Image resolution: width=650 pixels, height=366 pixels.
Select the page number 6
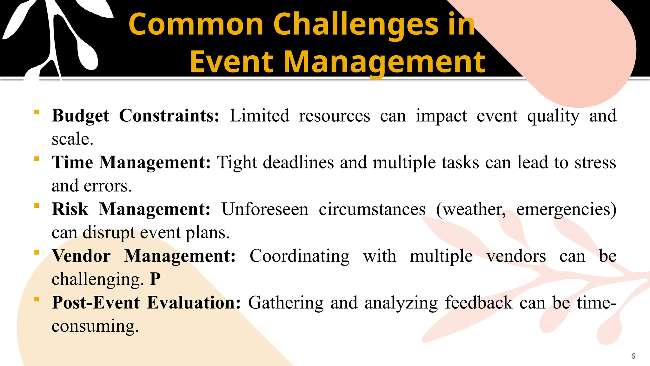pos(633,356)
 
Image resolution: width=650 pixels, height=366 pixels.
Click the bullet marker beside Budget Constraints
pos(37,112)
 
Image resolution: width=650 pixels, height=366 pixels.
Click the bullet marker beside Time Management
pos(37,159)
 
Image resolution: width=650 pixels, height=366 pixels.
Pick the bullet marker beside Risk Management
pos(37,206)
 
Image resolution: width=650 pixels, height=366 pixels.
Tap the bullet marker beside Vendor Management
pos(37,253)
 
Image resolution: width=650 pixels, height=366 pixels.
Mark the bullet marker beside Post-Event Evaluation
pos(37,299)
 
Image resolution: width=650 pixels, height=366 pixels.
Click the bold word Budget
pos(81,116)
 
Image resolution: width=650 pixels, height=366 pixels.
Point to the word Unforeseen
pos(265,209)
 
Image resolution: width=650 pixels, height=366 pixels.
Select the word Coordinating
pos(300,256)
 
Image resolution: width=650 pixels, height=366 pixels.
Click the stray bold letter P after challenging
pos(155,280)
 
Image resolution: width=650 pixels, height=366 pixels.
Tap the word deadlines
pos(298,163)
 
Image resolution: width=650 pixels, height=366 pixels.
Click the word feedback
pos(479,303)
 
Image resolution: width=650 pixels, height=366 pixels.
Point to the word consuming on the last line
pos(95,326)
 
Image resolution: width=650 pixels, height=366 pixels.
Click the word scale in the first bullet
pos(72,139)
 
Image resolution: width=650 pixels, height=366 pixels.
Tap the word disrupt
pos(109,233)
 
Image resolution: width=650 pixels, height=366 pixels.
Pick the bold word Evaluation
pos(194,303)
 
